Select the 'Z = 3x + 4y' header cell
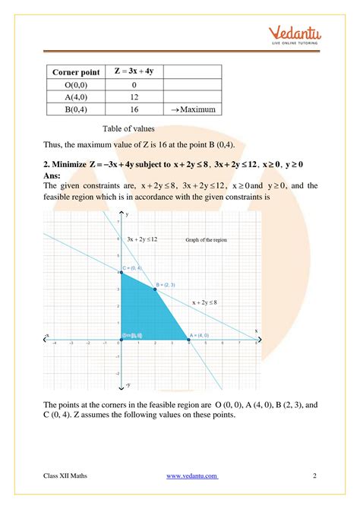[x=134, y=71]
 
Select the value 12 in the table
[x=134, y=96]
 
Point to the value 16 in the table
[x=134, y=109]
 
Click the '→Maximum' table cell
[x=194, y=109]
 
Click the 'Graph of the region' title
[x=206, y=240]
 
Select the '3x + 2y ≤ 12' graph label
[x=142, y=239]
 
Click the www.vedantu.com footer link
[x=191, y=476]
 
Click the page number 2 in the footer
[x=314, y=476]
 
